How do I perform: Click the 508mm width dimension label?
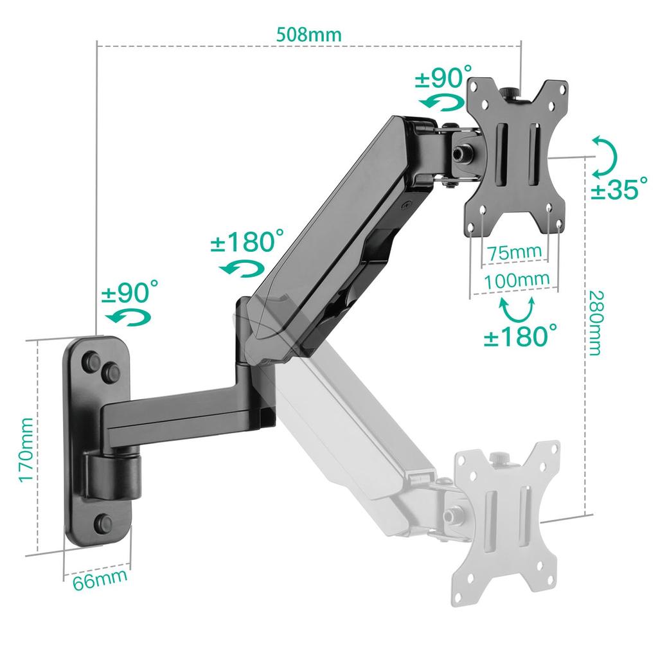click(x=308, y=34)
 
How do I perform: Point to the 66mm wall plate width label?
click(x=99, y=580)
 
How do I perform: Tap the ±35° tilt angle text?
click(x=619, y=189)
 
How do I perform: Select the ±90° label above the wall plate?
click(x=129, y=292)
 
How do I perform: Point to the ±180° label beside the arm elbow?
click(x=246, y=244)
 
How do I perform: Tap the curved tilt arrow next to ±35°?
click(x=604, y=156)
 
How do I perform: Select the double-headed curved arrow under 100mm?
click(x=517, y=308)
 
